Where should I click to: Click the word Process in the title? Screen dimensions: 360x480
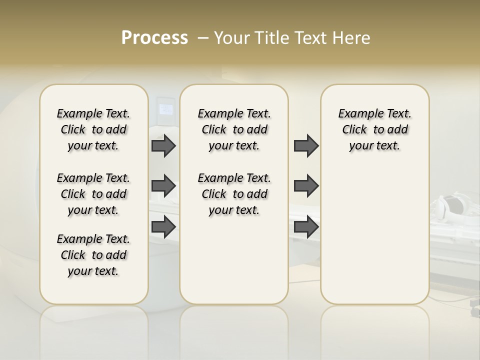point(154,38)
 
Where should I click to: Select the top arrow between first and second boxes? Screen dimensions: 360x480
point(163,145)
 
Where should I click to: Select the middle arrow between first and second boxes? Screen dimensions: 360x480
point(163,186)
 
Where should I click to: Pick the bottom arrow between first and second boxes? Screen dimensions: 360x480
point(163,226)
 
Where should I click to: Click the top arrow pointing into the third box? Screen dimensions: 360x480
point(306,145)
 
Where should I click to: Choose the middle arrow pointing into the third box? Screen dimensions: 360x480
point(306,186)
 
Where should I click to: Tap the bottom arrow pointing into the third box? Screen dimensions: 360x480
point(306,226)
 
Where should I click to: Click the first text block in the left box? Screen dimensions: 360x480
point(93,129)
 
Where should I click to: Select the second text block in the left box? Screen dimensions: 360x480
point(93,194)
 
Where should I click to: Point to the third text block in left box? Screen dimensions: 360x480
point(93,255)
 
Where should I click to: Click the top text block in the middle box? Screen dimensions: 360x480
point(234,129)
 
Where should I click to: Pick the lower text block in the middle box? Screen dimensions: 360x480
point(234,194)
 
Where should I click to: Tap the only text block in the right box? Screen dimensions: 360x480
point(374,129)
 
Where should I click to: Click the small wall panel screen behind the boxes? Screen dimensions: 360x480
point(165,108)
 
